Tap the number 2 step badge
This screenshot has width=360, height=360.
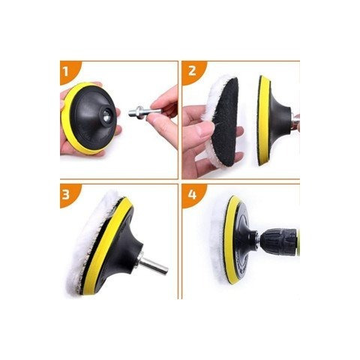pos(192,71)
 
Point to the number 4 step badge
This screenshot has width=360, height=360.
pos(192,194)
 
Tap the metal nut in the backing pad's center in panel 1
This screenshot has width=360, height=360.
pos(106,115)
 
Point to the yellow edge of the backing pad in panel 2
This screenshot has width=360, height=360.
pos(262,120)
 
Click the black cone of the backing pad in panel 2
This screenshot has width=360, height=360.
pos(279,119)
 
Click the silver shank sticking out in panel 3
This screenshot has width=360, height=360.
pos(152,263)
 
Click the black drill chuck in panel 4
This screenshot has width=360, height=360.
pos(277,239)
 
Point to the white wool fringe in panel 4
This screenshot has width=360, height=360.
pos(218,240)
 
